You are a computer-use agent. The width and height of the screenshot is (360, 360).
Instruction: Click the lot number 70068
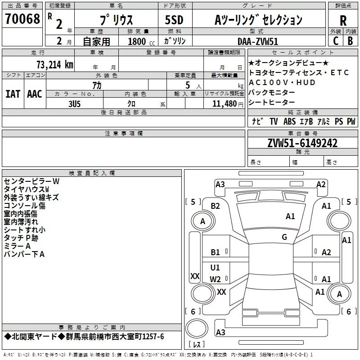coord(22,18)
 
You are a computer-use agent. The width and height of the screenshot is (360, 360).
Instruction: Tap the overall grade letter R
coord(343,21)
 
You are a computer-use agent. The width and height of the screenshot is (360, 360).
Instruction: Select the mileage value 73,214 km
coord(55,65)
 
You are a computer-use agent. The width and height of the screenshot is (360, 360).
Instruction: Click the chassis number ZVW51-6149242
coord(302,143)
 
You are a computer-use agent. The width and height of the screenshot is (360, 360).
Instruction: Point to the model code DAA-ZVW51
coord(258,41)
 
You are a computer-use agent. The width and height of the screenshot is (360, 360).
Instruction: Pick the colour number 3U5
coord(74,104)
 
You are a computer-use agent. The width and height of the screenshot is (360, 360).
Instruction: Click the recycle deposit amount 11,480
coord(224,104)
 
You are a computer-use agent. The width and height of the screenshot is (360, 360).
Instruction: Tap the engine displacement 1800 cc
coord(141,41)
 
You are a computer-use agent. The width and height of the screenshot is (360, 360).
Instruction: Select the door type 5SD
coord(174,20)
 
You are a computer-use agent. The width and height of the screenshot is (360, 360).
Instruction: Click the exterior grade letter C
coord(336,41)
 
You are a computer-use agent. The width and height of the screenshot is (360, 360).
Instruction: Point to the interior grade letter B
coord(350,41)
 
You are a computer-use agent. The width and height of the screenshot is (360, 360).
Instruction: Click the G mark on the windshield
coord(284,237)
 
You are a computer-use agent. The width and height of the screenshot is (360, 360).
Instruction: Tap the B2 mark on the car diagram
coord(215,206)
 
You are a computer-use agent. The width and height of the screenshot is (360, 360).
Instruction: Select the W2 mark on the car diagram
coord(215,279)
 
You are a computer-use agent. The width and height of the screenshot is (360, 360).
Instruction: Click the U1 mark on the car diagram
coord(215,267)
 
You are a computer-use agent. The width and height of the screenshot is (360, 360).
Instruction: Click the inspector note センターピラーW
coord(31,181)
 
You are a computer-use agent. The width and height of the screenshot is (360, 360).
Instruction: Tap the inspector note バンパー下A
coord(24,254)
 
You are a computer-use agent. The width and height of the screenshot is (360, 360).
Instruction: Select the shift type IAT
coord(13,94)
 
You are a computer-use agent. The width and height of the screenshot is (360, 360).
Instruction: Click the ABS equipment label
coord(289,121)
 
